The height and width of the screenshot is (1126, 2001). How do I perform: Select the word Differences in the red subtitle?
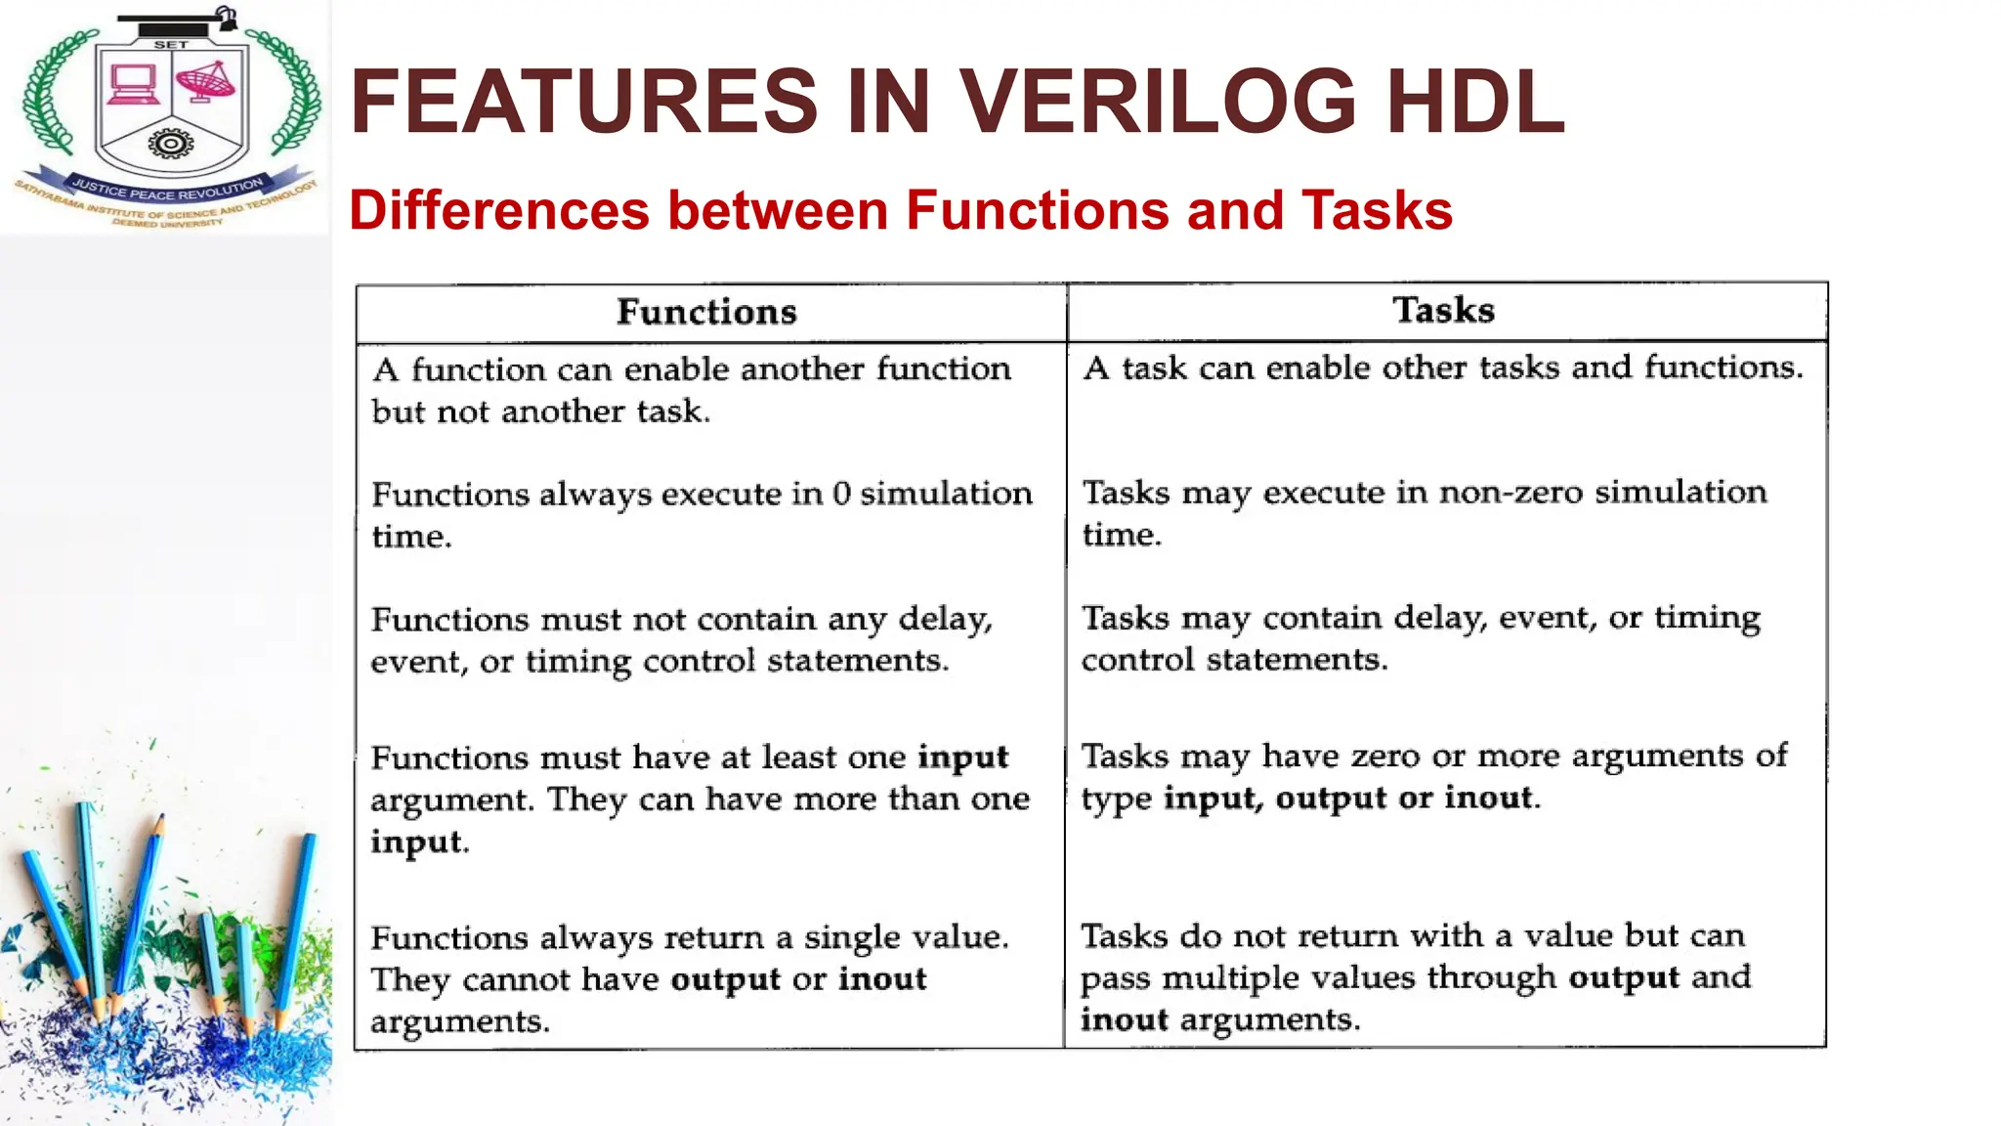click(x=498, y=210)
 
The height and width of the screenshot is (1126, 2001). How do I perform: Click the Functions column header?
click(x=706, y=312)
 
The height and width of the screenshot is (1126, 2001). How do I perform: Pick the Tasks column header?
click(x=1443, y=310)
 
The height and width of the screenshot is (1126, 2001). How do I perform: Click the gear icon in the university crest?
click(x=171, y=145)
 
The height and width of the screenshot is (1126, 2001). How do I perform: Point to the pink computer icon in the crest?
click(x=133, y=84)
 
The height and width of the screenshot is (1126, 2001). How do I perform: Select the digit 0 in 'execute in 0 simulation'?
click(x=841, y=494)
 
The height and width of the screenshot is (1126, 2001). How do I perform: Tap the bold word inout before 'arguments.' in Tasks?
click(x=1124, y=1019)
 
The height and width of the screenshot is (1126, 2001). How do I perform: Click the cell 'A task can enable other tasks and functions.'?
click(x=1442, y=368)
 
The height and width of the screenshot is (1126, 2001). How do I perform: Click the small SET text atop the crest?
click(x=171, y=45)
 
